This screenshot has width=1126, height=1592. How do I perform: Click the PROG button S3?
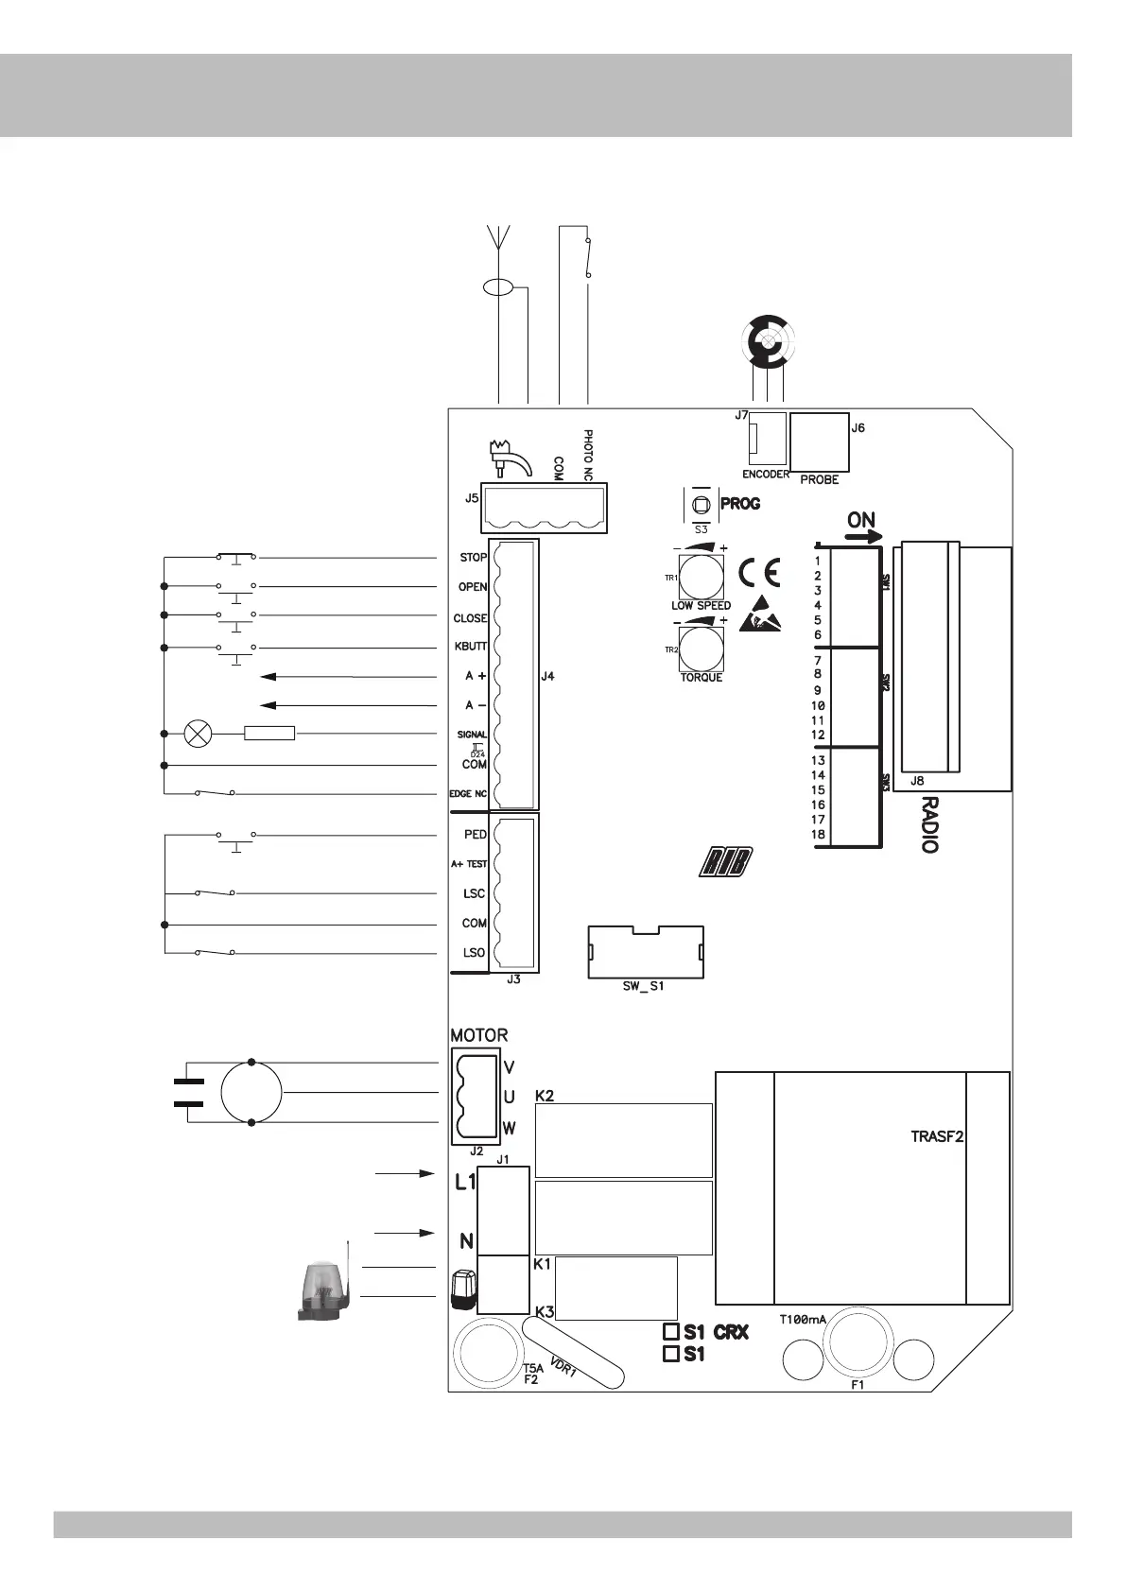(x=701, y=505)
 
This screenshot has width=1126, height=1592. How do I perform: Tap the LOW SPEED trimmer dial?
(x=701, y=576)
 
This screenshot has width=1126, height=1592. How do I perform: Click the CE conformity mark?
(x=759, y=574)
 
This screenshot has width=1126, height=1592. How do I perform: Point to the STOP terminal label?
(x=473, y=558)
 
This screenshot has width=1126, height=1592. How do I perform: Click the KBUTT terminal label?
(x=471, y=647)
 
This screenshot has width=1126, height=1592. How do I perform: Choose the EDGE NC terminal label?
(x=468, y=794)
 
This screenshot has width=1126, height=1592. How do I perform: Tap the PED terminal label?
(x=475, y=835)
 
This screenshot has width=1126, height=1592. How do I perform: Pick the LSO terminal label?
(x=474, y=953)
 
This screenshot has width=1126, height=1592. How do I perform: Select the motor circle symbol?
(x=251, y=1092)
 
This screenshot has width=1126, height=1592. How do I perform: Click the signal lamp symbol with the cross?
(x=198, y=734)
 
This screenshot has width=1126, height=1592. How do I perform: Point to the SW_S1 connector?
(x=646, y=954)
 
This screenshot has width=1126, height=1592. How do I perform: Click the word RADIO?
(x=929, y=824)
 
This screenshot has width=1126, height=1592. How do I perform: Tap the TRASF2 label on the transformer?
(x=936, y=1137)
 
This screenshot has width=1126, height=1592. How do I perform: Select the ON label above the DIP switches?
(x=861, y=520)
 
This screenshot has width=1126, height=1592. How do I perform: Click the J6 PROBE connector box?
(x=819, y=442)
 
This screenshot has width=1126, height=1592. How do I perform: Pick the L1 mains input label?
(x=465, y=1182)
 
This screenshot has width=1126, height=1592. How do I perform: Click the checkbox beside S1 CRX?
(x=671, y=1331)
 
